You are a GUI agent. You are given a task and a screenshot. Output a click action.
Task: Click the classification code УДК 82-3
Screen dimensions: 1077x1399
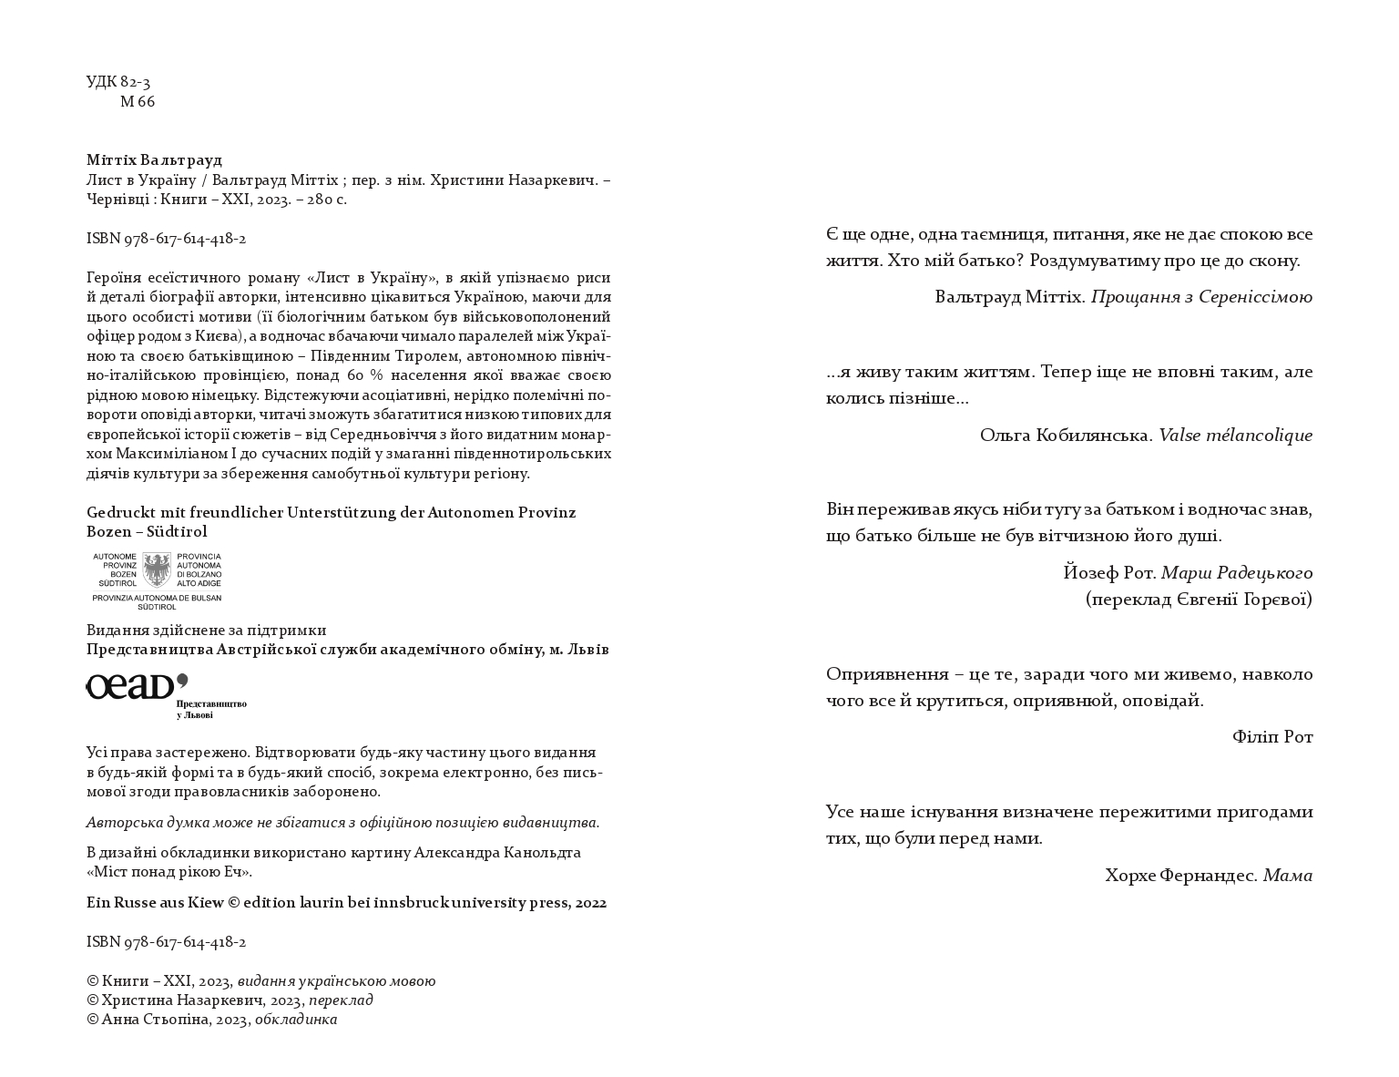[x=118, y=82]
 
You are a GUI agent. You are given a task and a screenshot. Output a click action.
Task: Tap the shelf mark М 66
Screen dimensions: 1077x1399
[x=138, y=102]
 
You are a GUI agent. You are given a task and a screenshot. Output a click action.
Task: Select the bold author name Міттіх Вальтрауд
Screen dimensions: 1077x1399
[x=154, y=160]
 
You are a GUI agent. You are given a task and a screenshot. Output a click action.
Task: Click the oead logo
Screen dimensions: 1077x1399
[x=137, y=686]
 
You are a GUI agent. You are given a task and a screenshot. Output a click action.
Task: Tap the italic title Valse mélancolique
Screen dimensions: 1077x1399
[x=1235, y=436]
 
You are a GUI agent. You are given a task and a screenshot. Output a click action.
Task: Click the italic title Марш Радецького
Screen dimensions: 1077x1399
[x=1237, y=573]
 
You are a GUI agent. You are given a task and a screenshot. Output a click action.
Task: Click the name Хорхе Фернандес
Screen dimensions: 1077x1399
[x=1180, y=876]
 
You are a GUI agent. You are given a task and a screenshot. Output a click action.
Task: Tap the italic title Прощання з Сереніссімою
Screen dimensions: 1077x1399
[x=1201, y=297]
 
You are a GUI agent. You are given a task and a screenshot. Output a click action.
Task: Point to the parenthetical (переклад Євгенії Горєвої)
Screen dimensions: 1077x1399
[x=1199, y=600]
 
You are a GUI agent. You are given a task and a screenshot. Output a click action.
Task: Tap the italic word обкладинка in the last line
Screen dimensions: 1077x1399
[x=296, y=1020]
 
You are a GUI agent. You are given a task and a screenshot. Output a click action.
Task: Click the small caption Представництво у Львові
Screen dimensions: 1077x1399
[x=211, y=710]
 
